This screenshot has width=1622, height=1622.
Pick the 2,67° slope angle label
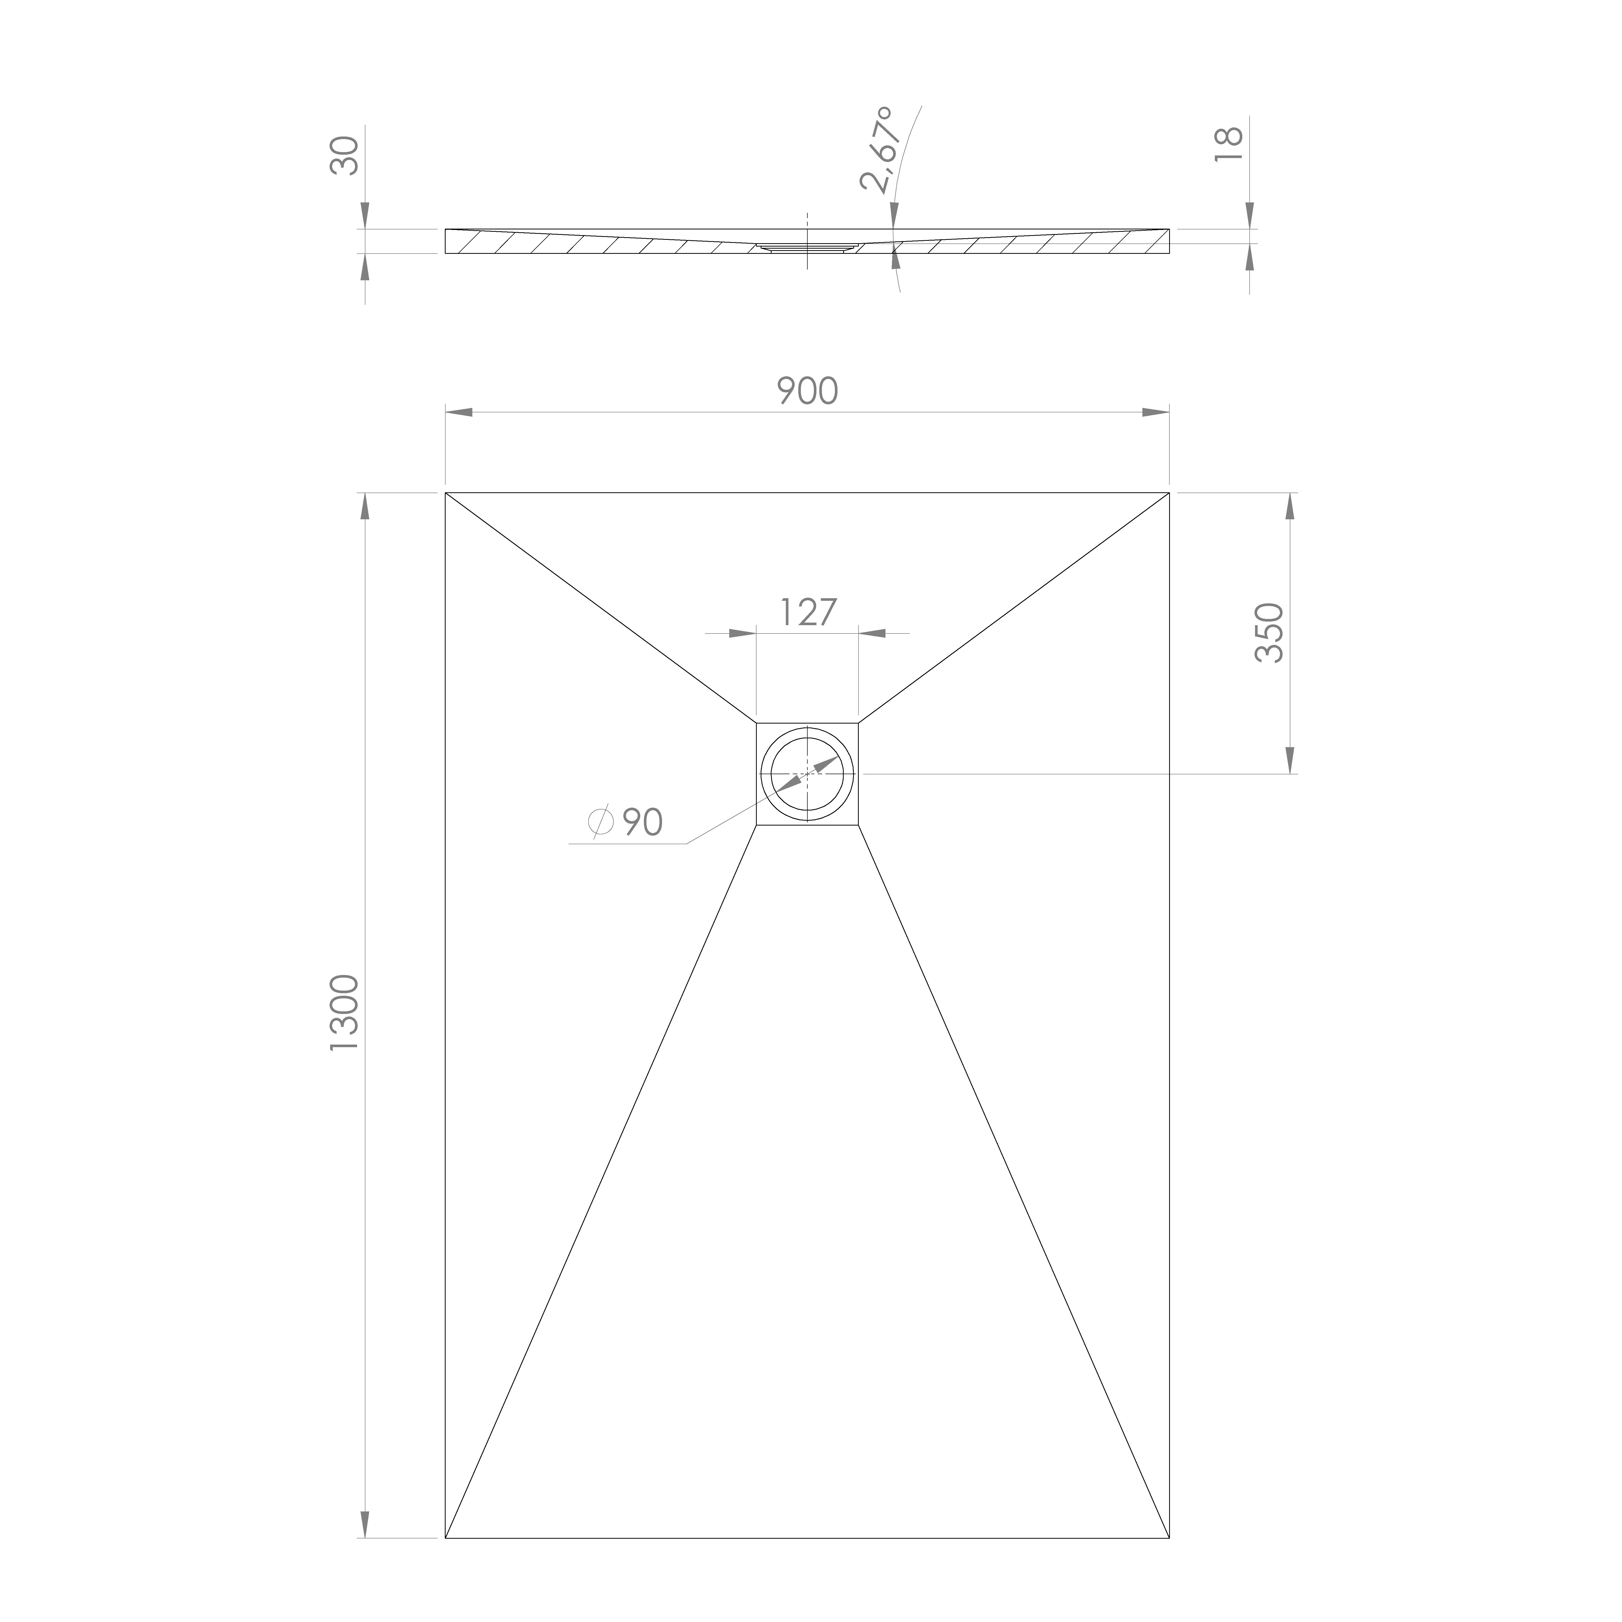coord(877,150)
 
